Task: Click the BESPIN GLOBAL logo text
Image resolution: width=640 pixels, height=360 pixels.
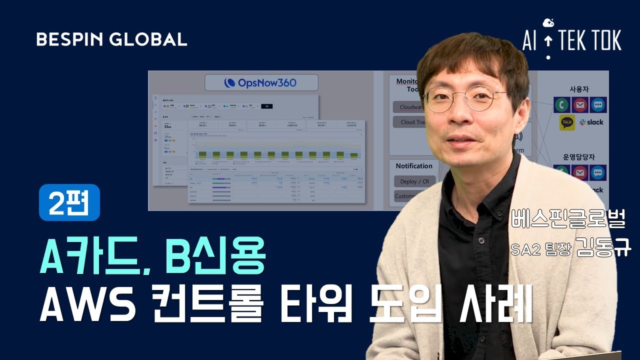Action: (112, 39)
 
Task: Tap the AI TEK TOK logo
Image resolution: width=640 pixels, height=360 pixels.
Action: (572, 40)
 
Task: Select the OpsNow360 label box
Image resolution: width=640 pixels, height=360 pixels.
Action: (261, 82)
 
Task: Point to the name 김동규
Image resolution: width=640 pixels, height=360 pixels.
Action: (603, 247)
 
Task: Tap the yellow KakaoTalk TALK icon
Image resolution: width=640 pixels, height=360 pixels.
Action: (567, 122)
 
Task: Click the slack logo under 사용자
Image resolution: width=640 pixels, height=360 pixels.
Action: (591, 122)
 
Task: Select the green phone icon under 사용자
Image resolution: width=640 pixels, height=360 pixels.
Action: (561, 105)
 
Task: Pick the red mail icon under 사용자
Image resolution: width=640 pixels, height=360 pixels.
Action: (580, 105)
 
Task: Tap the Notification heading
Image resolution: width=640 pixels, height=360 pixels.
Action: (414, 166)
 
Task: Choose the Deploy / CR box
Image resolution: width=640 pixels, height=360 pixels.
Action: (414, 181)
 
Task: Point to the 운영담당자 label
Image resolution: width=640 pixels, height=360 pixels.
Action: (580, 156)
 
